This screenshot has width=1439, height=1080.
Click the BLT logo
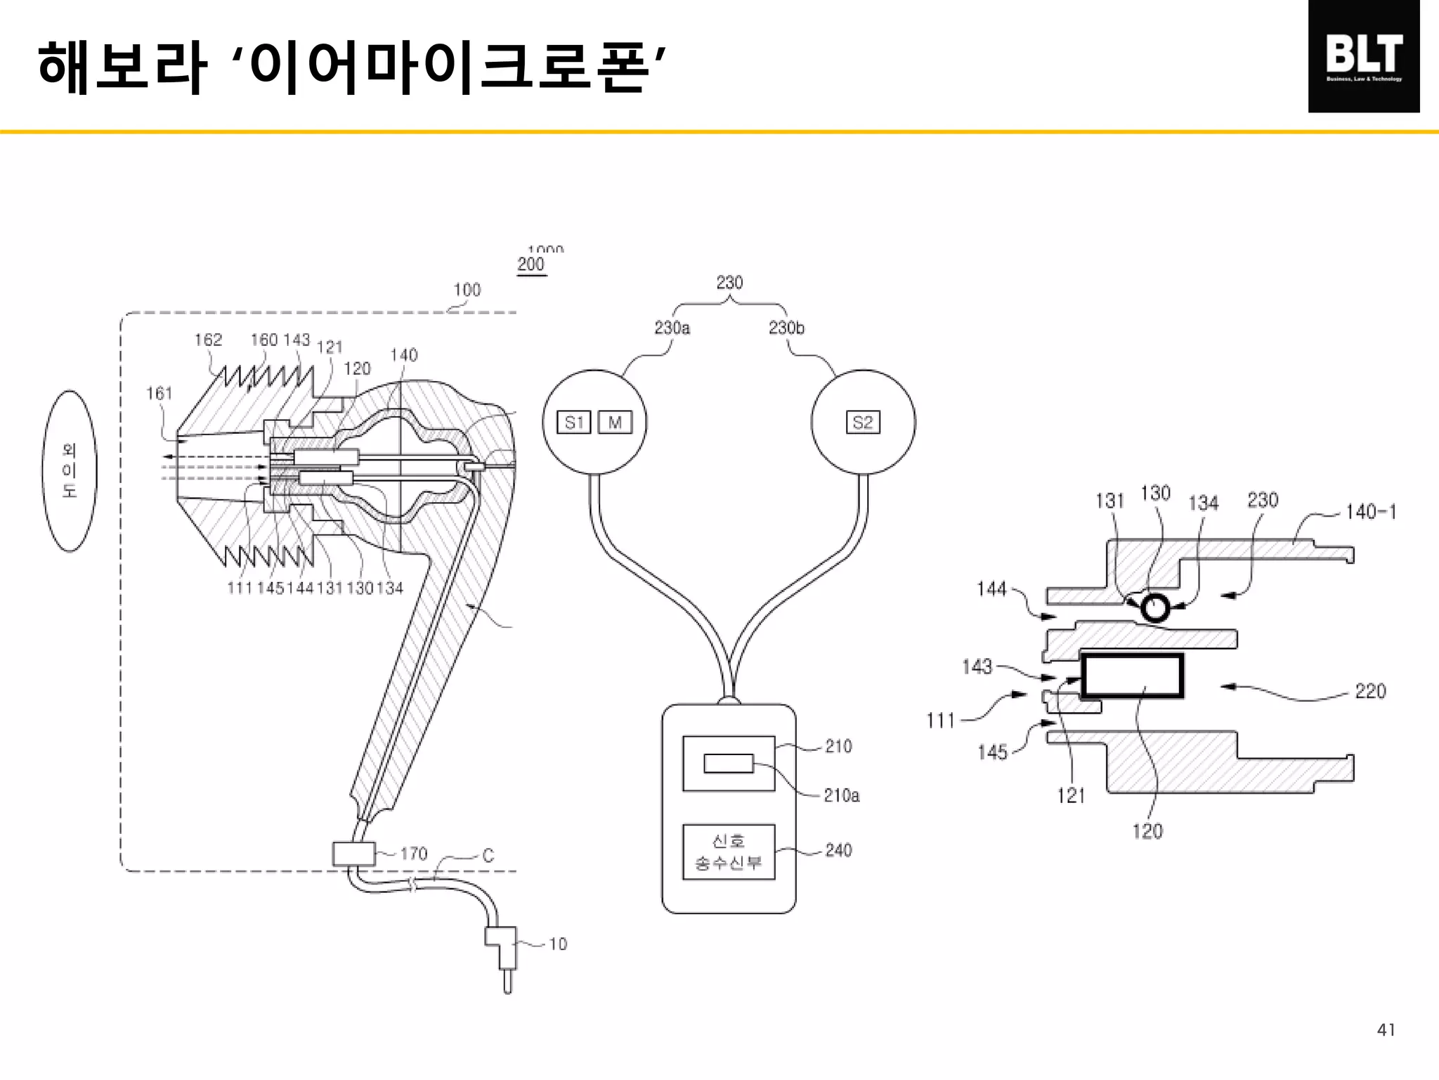pos(1363,56)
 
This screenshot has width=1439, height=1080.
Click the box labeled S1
pos(573,423)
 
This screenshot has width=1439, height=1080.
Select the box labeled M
pos(615,423)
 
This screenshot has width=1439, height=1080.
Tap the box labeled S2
pos(863,423)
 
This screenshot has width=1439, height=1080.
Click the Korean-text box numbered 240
pos(729,851)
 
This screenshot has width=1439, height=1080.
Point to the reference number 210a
pos(841,795)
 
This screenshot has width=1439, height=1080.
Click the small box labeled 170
pos(353,854)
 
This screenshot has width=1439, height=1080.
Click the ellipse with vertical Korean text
pos(70,470)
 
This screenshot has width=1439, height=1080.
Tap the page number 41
pos(1386,1030)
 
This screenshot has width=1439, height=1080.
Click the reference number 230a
pos(672,328)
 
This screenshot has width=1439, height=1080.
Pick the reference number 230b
pos(786,328)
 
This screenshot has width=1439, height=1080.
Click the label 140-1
pos(1370,512)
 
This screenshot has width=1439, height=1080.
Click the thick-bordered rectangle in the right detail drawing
pos(1131,676)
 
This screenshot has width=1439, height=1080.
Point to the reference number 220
pos(1370,691)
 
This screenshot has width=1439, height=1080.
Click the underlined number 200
pos(531,265)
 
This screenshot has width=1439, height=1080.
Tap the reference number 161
pos(159,394)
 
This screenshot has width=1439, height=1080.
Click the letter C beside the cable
pos(488,856)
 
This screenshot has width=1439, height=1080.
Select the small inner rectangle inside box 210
pos(728,763)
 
